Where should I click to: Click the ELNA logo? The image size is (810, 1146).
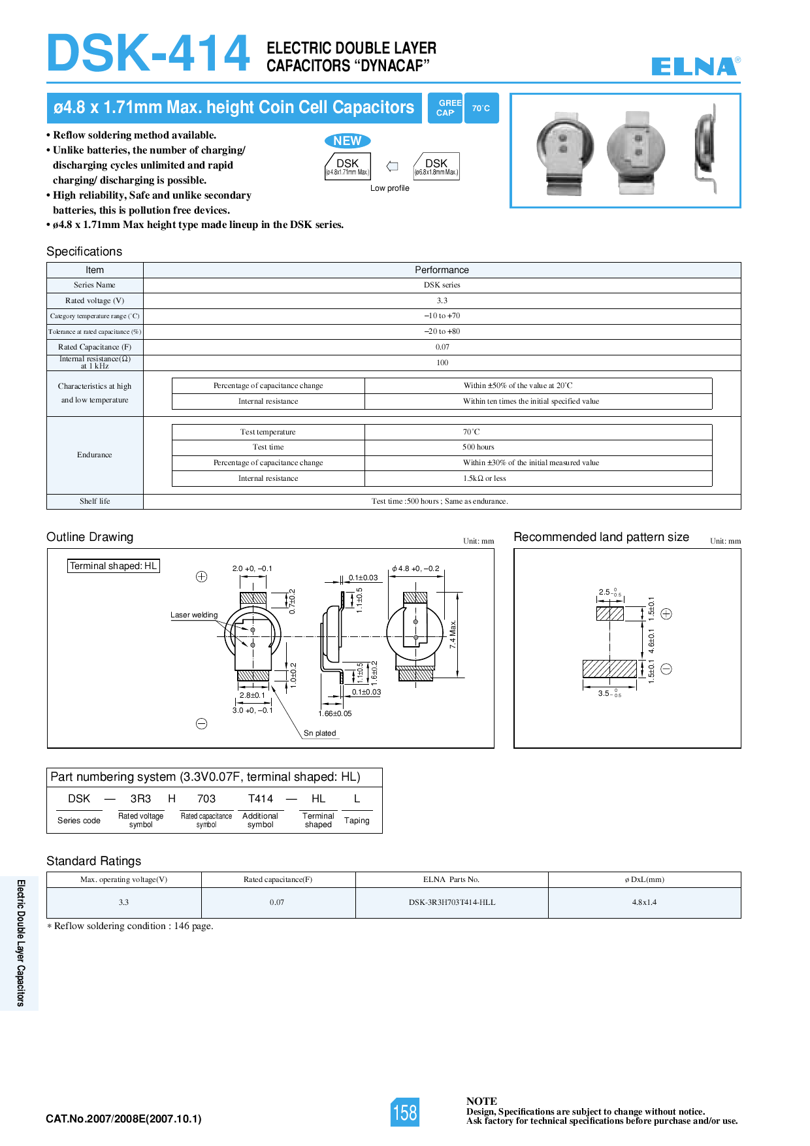695,66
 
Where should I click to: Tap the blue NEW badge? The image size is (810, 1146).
347,140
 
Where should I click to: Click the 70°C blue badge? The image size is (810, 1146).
481,108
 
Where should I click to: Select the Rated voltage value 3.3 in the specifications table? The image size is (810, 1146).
442,301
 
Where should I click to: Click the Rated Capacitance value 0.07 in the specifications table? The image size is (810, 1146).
442,347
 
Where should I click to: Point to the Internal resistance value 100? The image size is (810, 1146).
442,363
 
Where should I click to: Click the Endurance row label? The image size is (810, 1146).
95,455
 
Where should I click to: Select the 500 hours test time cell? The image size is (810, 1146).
478,447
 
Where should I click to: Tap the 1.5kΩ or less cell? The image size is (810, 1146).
484,478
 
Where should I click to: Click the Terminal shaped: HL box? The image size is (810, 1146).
114,566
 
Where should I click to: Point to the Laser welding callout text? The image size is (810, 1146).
194,615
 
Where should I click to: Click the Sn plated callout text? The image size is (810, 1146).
319,733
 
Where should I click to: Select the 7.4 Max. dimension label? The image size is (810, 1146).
453,634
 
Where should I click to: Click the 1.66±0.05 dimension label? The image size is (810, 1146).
335,713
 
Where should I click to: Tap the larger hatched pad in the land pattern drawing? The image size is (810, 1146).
609,668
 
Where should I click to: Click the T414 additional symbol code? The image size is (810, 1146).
261,798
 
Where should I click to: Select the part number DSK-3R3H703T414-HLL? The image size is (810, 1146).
452,902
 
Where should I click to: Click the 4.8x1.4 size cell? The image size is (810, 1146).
644,902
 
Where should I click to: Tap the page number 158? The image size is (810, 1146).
405,1112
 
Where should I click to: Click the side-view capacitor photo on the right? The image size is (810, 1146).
707,152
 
